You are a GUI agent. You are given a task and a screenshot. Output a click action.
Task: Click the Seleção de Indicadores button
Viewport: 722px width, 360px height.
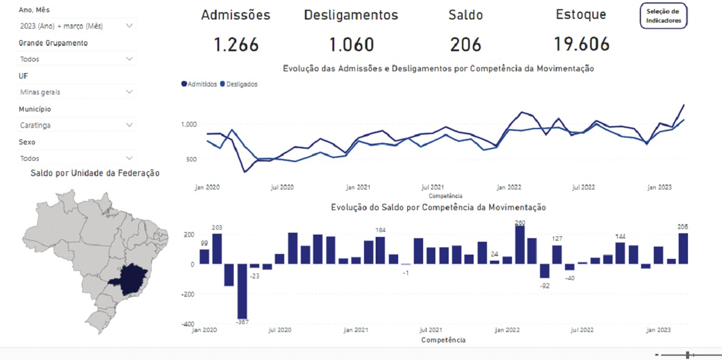[664, 16]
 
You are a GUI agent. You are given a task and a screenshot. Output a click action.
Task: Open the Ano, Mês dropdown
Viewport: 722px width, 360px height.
[77, 26]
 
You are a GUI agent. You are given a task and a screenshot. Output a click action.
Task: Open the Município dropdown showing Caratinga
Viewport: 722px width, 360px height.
[77, 125]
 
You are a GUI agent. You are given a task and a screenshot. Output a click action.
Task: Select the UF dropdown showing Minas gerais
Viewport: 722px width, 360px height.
[77, 92]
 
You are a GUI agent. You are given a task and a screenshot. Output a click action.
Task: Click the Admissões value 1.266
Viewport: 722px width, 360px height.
[236, 44]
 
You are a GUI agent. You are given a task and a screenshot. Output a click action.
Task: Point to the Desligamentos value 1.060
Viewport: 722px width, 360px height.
[351, 44]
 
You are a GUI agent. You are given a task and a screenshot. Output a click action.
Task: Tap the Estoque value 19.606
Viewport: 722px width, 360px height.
[581, 44]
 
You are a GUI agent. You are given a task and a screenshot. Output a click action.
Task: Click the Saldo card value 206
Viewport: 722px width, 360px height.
[466, 44]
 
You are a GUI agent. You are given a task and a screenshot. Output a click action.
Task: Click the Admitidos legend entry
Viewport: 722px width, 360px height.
[200, 84]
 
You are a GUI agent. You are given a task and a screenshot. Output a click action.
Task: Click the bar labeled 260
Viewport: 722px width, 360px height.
[520, 245]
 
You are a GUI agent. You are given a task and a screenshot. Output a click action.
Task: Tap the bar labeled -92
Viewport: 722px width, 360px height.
[545, 271]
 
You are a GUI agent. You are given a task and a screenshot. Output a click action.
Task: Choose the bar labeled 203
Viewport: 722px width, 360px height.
[217, 249]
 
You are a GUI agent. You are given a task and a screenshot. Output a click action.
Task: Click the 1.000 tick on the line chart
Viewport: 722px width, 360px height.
[189, 124]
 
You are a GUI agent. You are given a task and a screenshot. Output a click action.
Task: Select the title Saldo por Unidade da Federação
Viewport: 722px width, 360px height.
[95, 173]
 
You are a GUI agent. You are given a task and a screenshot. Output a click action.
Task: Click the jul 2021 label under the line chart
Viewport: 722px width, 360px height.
[432, 188]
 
